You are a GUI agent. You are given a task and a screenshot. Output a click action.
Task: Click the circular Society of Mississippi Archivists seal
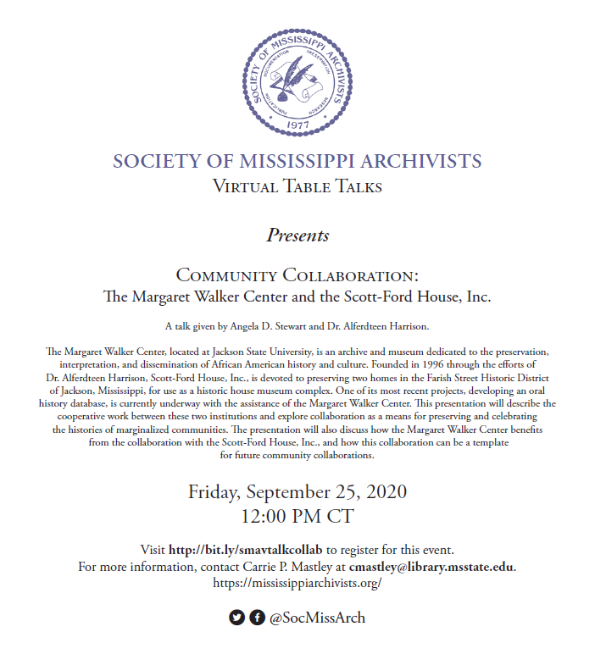pos(297,77)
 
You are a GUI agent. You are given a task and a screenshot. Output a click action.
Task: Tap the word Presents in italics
pos(297,235)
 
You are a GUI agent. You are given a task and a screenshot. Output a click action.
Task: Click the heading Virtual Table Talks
pos(297,186)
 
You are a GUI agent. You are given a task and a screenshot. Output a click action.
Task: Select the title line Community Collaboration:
pos(297,276)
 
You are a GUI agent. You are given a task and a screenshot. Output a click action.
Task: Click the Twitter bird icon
pos(236,618)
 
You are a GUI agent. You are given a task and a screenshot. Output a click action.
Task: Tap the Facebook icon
pos(257,618)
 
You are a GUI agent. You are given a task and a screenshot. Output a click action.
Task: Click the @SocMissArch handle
pos(317,618)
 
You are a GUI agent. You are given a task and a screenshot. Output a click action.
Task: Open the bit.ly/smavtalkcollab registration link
pos(247,550)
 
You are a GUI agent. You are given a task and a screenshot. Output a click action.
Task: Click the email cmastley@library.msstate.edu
pos(432,566)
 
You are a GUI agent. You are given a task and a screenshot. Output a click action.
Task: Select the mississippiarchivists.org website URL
pos(297,583)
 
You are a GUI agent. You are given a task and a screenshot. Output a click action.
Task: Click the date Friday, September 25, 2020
pos(297,491)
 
